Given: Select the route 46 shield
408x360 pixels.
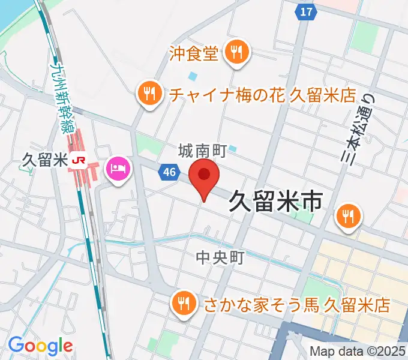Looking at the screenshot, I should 169,173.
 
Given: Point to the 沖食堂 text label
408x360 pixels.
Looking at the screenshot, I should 193,55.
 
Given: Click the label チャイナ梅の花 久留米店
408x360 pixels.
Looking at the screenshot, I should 263,95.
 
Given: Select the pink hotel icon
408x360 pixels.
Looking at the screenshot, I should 118,167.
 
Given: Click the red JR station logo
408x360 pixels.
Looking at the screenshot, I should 78,160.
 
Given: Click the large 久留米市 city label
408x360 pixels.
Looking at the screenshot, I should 277,202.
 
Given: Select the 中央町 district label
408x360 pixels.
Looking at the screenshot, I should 220,258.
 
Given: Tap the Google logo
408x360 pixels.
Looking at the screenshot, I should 40,346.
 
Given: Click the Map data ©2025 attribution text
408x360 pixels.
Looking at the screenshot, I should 357,352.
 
